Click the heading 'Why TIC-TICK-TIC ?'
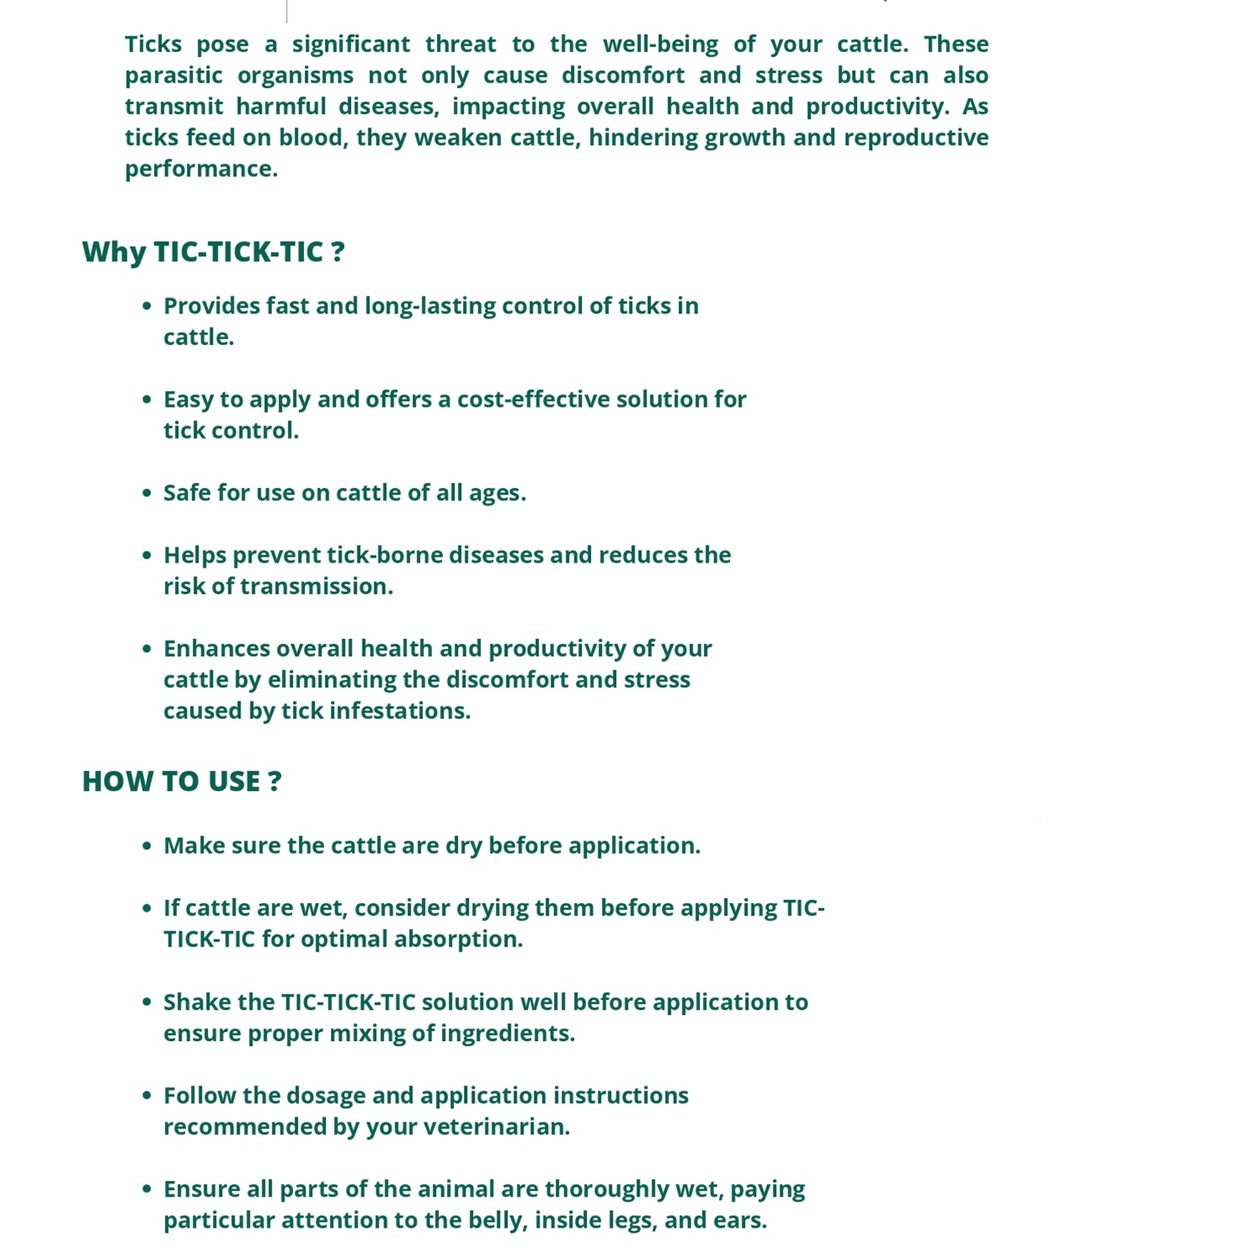pos(213,252)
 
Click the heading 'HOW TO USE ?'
pos(182,781)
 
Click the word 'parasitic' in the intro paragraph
pos(173,75)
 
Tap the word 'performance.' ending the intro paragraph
pos(201,169)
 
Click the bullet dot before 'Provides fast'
pos(147,306)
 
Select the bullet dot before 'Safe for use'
pos(147,493)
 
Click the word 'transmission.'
pos(317,587)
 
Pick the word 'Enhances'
pos(216,648)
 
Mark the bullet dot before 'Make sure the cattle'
pos(147,845)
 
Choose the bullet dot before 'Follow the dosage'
pos(147,1096)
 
